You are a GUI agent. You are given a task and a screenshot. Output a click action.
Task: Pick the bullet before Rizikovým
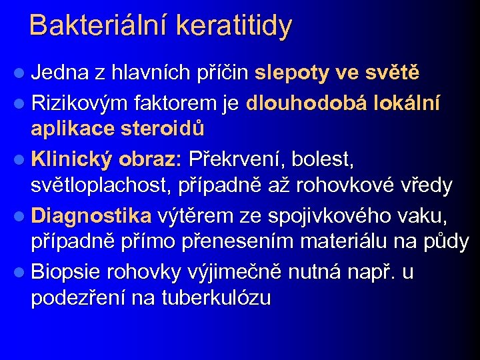coord(20,104)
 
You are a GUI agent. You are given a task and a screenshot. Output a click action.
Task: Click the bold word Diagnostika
coord(91,215)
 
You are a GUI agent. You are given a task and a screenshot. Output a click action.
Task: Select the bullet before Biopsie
coord(20,272)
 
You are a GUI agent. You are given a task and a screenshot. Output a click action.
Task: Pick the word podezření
coord(78,297)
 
